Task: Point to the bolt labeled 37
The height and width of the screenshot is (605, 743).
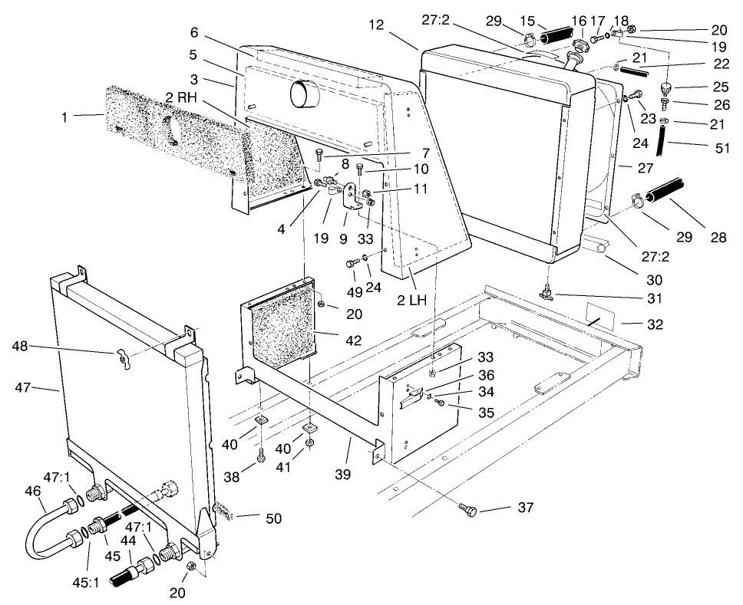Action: click(467, 510)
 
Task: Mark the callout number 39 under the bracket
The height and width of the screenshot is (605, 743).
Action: click(343, 475)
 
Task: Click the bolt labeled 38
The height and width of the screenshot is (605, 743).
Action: click(261, 455)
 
